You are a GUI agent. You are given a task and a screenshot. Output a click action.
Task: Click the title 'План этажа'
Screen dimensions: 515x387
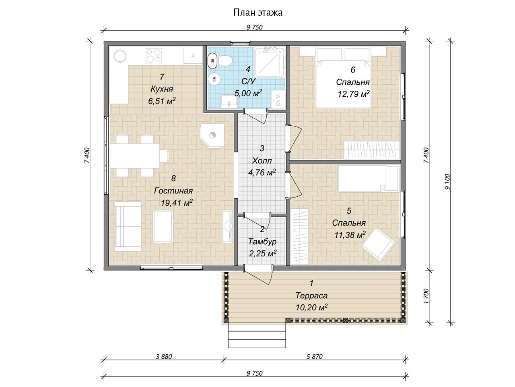pyautogui.click(x=257, y=12)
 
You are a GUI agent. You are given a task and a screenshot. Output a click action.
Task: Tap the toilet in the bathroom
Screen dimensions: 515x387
pyautogui.click(x=225, y=60)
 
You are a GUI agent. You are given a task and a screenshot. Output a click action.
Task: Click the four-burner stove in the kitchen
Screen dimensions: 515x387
pyautogui.click(x=153, y=56)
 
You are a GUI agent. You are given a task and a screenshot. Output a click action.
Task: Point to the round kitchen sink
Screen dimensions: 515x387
pyautogui.click(x=120, y=56)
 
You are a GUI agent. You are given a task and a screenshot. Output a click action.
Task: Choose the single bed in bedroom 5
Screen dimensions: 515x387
pyautogui.click(x=369, y=178)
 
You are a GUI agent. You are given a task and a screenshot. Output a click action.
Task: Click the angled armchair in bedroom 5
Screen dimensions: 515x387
pyautogui.click(x=378, y=244)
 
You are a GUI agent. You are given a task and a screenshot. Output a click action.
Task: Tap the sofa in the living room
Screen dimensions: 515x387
pyautogui.click(x=128, y=226)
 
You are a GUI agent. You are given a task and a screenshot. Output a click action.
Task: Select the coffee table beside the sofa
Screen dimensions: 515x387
pyautogui.click(x=163, y=226)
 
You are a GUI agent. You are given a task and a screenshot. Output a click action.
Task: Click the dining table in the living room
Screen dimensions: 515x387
pyautogui.click(x=135, y=156)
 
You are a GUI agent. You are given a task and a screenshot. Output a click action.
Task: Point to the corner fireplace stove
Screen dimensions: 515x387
pyautogui.click(x=211, y=135)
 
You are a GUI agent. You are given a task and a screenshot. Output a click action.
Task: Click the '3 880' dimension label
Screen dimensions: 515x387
pyautogui.click(x=164, y=356)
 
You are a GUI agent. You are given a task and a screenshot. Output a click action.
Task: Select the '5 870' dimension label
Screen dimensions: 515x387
pyautogui.click(x=314, y=356)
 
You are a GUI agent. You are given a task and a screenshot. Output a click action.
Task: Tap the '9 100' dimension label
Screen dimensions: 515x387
pyautogui.click(x=447, y=182)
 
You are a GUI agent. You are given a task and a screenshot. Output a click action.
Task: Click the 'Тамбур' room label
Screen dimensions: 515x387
pyautogui.click(x=262, y=241)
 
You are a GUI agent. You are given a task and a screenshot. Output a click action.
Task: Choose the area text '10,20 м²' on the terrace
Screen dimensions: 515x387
pyautogui.click(x=311, y=307)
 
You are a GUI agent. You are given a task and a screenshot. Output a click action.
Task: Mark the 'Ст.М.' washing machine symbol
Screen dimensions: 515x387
pyautogui.click(x=278, y=99)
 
